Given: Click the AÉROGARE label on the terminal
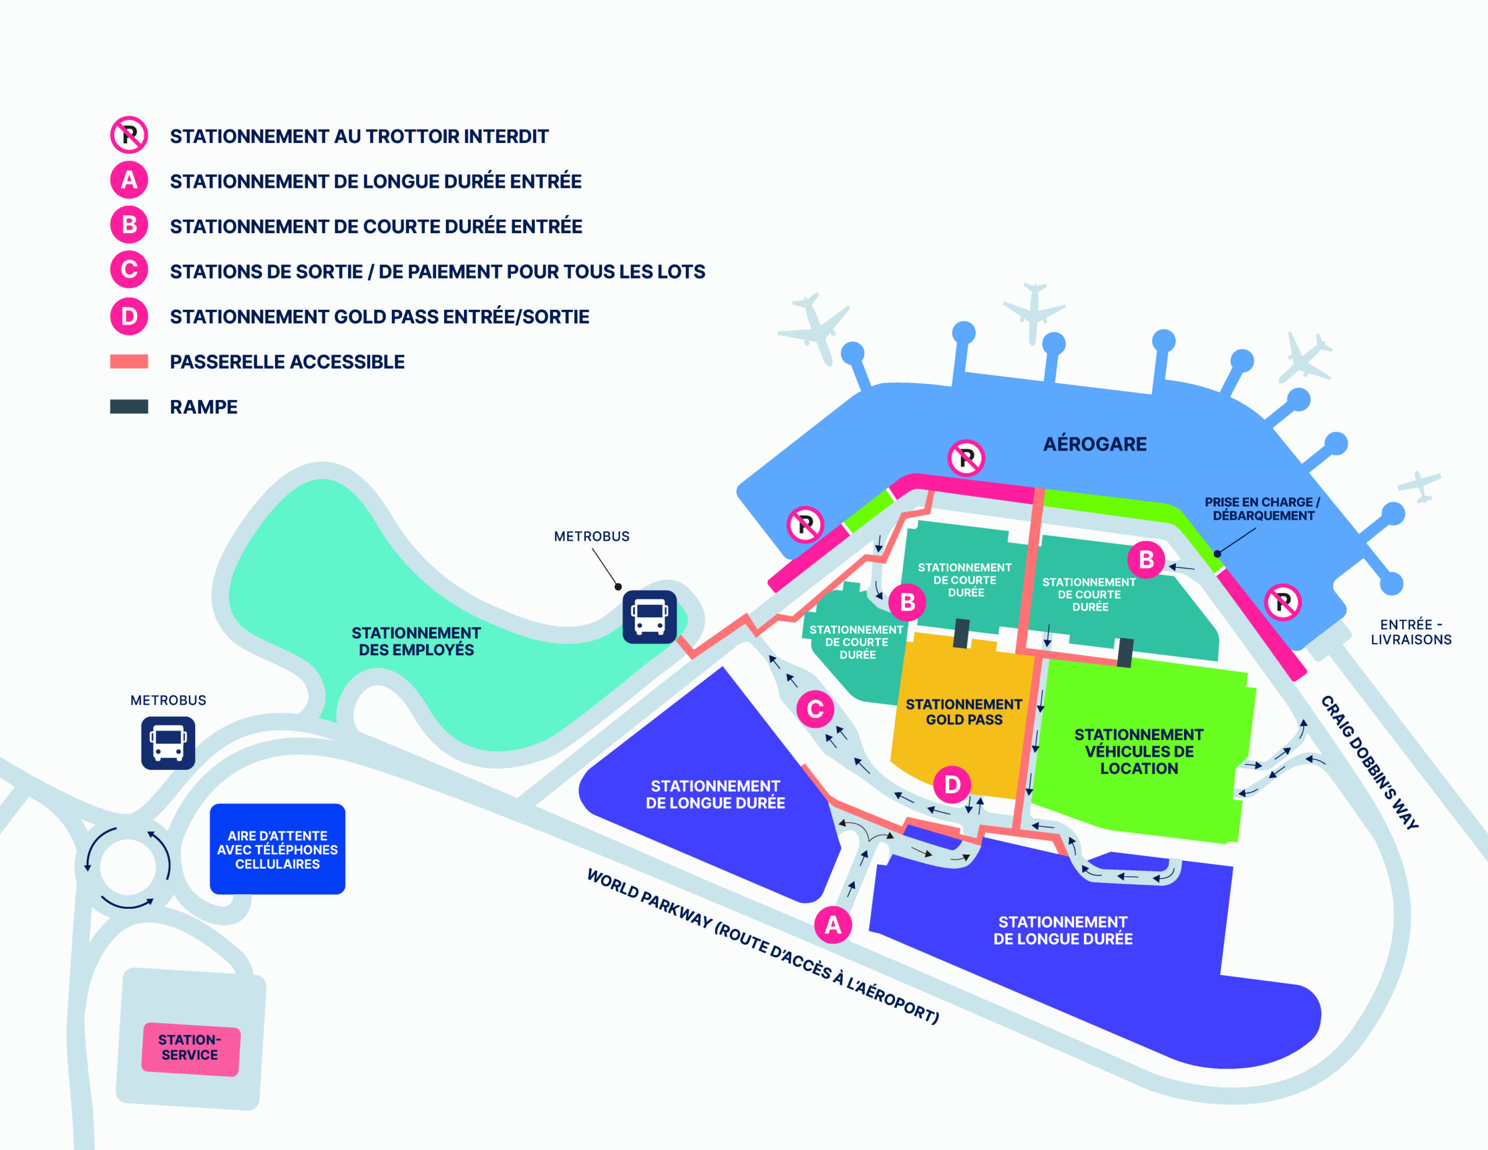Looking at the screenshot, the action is tap(1095, 444).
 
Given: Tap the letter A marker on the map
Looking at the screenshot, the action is tap(832, 925).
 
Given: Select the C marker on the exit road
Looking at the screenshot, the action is tap(815, 709).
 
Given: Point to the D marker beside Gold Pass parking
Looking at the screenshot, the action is tap(952, 785).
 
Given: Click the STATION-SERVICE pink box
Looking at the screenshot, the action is tap(191, 1049).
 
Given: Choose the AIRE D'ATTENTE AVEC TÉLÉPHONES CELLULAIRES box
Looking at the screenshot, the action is tap(277, 849).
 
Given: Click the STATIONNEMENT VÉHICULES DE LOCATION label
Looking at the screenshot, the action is tap(1139, 751).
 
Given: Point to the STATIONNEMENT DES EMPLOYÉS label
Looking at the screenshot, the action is tap(416, 641).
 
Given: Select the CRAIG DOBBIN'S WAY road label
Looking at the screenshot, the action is tap(1369, 762).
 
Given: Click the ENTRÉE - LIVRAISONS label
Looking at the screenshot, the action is tap(1411, 632).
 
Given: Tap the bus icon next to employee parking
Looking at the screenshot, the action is tap(649, 617).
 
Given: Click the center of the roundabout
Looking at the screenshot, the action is tap(128, 866).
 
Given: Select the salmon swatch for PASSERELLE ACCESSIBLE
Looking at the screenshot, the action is tap(129, 361).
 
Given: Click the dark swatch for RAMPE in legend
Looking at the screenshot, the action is tap(129, 406).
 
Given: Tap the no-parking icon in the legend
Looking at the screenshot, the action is tap(129, 135).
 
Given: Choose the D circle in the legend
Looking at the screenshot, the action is tap(129, 316).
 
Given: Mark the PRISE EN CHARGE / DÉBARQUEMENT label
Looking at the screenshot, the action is tap(1262, 509).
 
